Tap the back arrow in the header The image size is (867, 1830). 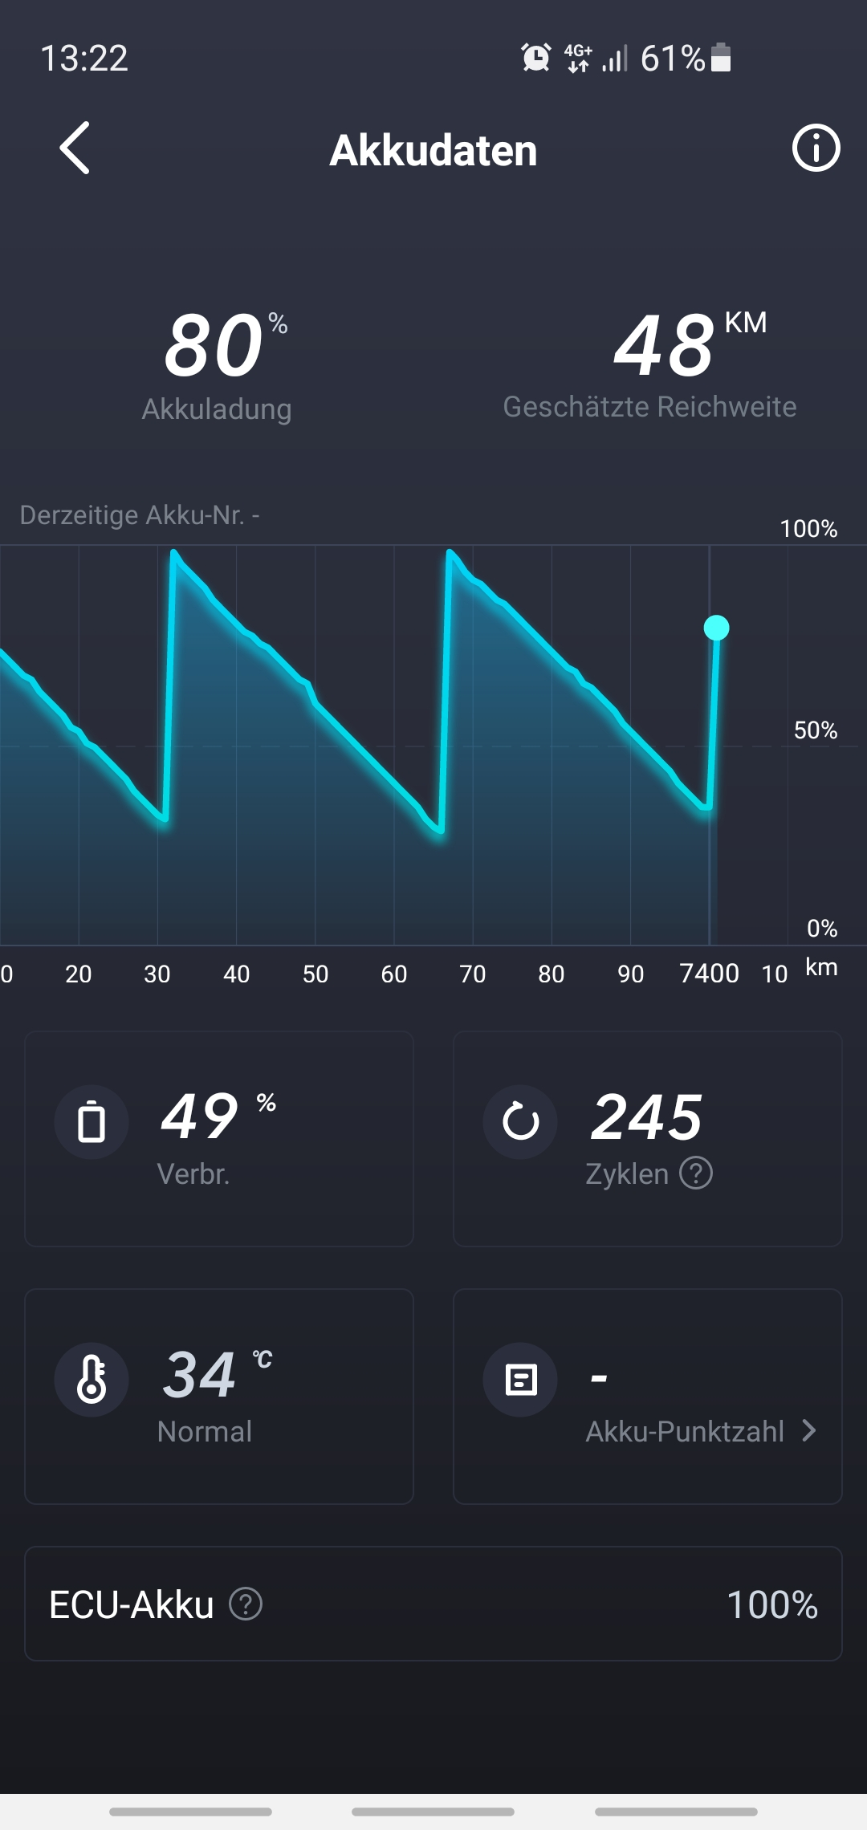pos(75,148)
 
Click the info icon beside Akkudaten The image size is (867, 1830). pos(816,148)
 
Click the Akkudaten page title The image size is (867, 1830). pos(433,150)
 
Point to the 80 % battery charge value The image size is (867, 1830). pos(215,346)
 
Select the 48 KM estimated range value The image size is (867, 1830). pos(665,346)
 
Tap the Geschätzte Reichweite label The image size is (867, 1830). pos(649,407)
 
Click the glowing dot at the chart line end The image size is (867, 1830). pos(716,628)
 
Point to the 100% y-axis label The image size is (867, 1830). pos(808,529)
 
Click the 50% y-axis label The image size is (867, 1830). pos(815,730)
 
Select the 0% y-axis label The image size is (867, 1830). pos(822,929)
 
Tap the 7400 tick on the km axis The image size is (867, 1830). pos(709,974)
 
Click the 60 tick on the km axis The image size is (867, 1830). pos(394,974)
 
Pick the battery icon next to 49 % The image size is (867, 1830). pos(92,1121)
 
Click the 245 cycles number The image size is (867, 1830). pos(647,1117)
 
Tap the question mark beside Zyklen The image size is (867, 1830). pos(696,1173)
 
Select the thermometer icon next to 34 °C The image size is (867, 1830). pos(92,1379)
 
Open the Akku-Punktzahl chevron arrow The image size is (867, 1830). pos(809,1430)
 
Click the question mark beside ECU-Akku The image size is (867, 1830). pos(246,1604)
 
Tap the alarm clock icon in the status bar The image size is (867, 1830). pos(535,58)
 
